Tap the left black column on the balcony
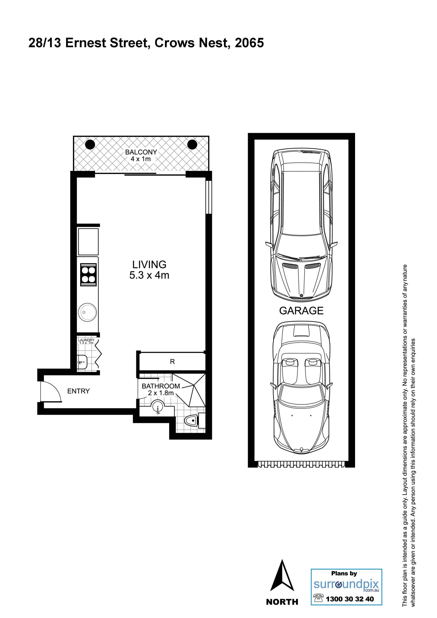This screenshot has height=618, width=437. (90, 145)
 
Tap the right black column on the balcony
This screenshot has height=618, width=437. (192, 145)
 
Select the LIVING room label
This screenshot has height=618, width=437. (149, 264)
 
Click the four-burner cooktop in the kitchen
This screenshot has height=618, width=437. (89, 275)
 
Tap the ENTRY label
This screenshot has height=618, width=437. (78, 391)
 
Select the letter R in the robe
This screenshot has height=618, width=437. (172, 361)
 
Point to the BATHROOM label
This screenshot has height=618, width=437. (161, 386)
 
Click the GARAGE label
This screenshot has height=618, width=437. (301, 311)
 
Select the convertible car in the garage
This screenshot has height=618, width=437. (301, 388)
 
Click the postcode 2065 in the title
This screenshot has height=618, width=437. (249, 43)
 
